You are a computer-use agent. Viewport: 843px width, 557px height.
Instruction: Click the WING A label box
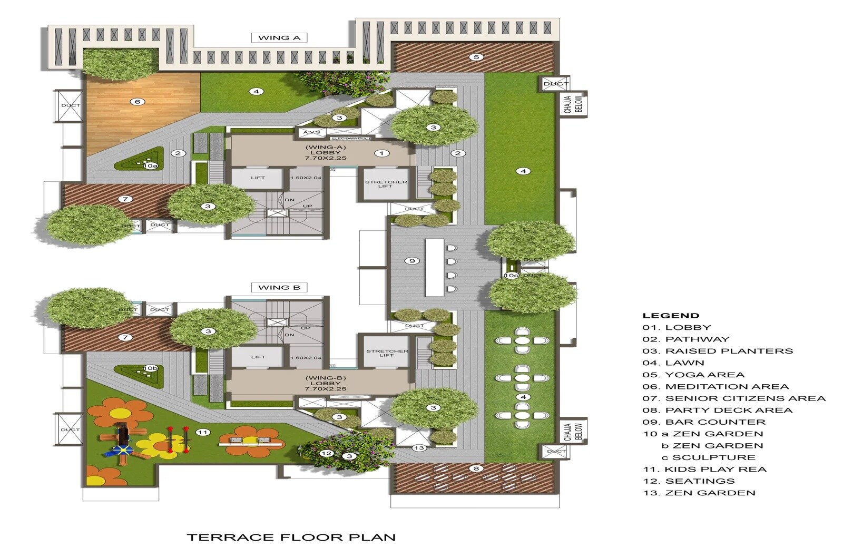(279, 37)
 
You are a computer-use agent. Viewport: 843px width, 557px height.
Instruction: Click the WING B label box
(279, 287)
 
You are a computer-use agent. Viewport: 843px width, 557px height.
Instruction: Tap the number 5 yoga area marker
(476, 57)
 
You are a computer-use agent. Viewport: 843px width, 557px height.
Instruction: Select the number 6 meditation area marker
(138, 102)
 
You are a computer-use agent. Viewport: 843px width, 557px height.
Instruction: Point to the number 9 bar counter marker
(412, 261)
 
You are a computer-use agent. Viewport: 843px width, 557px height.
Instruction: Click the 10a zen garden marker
(150, 165)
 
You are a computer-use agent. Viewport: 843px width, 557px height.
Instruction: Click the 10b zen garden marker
(150, 368)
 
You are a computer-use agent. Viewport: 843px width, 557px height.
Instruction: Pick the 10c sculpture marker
(511, 275)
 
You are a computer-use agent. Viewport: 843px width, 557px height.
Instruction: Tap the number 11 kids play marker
(203, 432)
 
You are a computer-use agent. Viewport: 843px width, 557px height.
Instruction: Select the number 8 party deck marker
(476, 468)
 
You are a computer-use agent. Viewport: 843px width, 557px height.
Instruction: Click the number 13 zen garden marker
(419, 448)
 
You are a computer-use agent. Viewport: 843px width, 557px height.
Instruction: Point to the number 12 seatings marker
(327, 453)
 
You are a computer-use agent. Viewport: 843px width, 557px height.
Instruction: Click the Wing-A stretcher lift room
(386, 184)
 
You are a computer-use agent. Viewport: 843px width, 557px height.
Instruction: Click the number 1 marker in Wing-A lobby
(381, 153)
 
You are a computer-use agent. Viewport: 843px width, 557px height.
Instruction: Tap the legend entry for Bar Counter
(704, 422)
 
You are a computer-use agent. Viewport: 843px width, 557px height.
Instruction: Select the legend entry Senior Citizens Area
(733, 398)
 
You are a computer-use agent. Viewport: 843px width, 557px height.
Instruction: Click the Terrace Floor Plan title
(291, 538)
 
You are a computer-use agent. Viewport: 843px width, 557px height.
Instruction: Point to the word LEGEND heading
(671, 316)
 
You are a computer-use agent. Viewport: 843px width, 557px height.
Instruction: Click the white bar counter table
(434, 268)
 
